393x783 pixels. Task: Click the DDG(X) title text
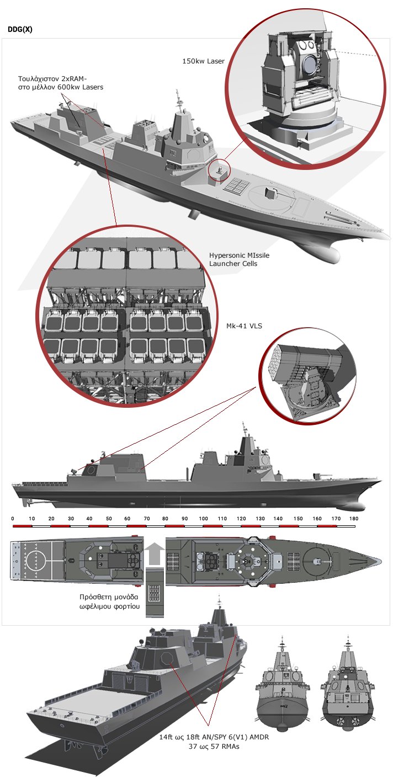point(20,29)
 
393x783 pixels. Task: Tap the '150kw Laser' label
point(203,61)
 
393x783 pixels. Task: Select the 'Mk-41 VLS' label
point(244,326)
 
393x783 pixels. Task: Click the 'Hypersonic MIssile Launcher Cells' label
point(239,259)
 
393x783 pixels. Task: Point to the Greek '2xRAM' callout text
point(61,83)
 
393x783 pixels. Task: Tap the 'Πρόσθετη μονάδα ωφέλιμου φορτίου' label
point(109,601)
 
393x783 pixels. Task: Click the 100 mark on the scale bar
point(203,518)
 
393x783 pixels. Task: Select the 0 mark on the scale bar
point(13,518)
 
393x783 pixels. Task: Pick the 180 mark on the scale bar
point(354,518)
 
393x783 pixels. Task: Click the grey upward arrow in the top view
point(154,553)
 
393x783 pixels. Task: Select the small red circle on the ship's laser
point(219,169)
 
